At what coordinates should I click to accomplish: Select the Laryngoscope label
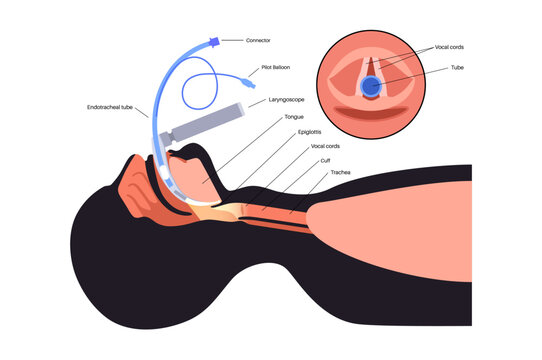pyautogui.click(x=290, y=100)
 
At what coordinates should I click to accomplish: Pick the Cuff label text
pyautogui.click(x=324, y=158)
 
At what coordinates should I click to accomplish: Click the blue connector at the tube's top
pyautogui.click(x=214, y=44)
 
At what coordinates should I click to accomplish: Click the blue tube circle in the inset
pyautogui.click(x=370, y=87)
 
